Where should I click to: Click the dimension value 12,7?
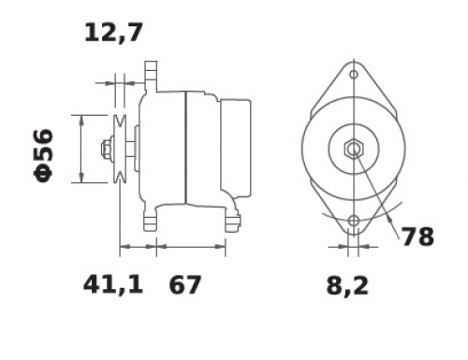(x=113, y=33)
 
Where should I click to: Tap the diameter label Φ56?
(x=43, y=155)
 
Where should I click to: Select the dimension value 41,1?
(x=113, y=284)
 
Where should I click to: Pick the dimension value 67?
(x=184, y=284)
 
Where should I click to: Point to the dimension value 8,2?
(x=347, y=286)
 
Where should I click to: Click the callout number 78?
(x=418, y=237)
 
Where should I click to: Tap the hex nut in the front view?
(x=354, y=149)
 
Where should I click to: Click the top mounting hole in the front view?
(x=354, y=75)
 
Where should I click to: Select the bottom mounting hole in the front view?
(x=354, y=221)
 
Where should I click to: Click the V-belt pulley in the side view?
(x=120, y=149)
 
